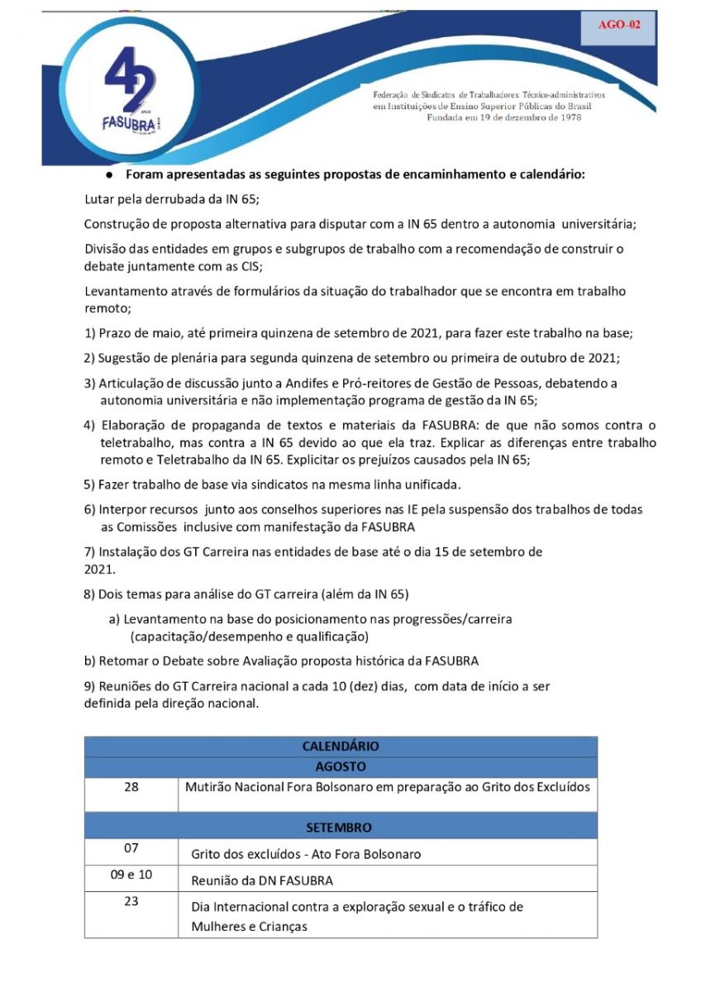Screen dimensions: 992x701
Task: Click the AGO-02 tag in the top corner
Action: [x=619, y=25]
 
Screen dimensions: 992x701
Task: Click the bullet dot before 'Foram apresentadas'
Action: [x=108, y=175]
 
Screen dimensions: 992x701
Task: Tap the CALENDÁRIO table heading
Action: [x=341, y=746]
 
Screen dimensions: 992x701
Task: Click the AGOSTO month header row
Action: [x=341, y=766]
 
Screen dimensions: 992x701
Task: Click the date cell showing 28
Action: [x=131, y=786]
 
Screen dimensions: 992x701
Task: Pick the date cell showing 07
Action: [x=131, y=848]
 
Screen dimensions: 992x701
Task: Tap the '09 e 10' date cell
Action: [x=131, y=874]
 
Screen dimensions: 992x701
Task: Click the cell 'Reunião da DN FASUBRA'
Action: [x=262, y=880]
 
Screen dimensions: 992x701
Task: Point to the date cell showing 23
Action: [x=131, y=901]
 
